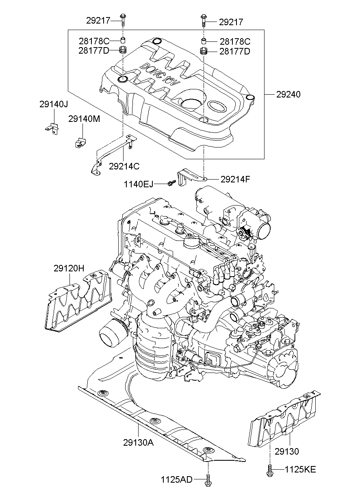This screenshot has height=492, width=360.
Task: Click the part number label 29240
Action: (x=288, y=95)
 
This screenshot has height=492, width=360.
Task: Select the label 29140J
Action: (x=54, y=104)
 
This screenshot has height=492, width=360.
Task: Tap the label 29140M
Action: (x=84, y=119)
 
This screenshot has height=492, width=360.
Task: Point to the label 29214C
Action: (x=124, y=166)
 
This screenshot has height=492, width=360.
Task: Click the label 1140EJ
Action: (x=139, y=184)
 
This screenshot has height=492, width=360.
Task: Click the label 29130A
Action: (x=138, y=443)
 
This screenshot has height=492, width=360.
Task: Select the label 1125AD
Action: (x=177, y=479)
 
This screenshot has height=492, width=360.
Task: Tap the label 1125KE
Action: (x=300, y=470)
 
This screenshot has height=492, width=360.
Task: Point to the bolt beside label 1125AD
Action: (x=208, y=479)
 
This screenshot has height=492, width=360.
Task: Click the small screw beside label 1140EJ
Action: (x=170, y=184)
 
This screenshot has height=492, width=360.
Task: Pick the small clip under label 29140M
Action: (x=81, y=142)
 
